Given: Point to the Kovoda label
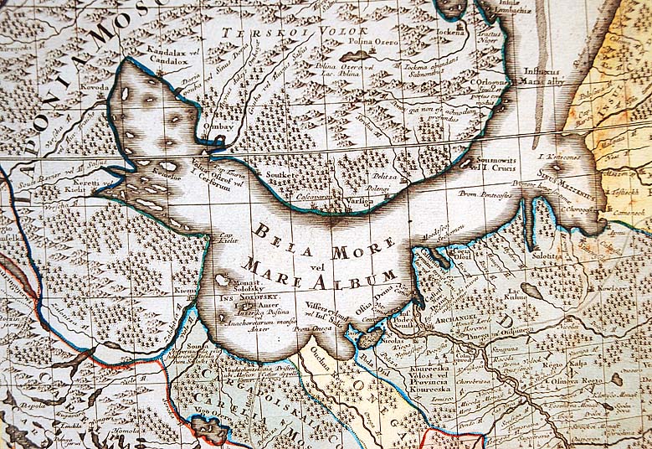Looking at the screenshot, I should [95, 85].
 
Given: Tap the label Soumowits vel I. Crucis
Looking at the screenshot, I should [493, 162].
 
